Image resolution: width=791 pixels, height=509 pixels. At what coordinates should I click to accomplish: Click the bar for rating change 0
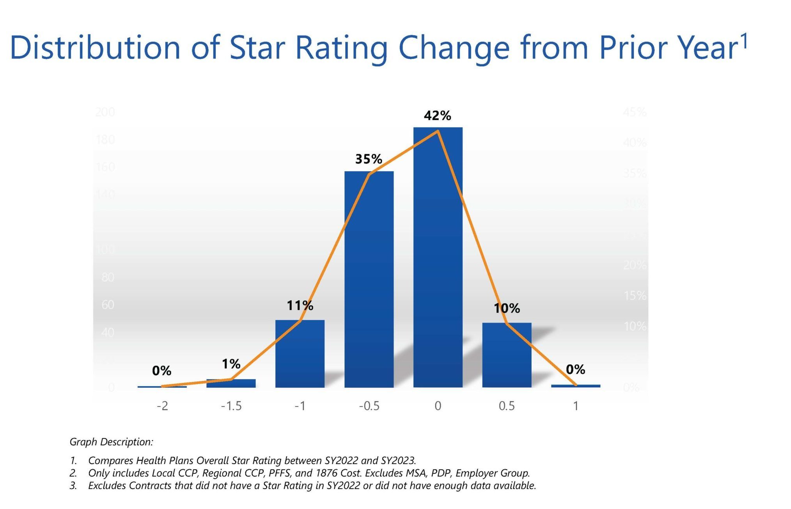438,257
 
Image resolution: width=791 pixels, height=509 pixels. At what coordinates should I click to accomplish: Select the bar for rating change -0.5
369,279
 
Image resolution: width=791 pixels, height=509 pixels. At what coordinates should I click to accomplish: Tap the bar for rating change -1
300,353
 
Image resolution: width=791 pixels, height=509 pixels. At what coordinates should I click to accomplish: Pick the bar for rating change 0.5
507,355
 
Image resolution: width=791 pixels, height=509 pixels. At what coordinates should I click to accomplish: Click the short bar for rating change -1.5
231,383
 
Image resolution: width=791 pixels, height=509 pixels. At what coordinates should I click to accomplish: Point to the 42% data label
437,115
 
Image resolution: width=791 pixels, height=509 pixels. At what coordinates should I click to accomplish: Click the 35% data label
368,159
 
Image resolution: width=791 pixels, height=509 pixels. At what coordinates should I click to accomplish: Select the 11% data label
300,305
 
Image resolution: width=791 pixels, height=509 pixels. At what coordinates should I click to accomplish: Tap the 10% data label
507,309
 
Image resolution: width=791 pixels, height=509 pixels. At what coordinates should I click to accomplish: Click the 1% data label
231,364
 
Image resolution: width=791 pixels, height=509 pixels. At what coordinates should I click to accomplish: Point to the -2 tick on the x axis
162,406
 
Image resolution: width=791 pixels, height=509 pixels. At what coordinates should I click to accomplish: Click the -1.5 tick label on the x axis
231,406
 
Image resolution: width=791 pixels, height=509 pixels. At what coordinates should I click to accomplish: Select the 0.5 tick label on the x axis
507,406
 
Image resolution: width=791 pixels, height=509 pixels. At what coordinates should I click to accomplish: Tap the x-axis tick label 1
575,406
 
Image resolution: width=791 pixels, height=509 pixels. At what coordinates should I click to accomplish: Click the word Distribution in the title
95,48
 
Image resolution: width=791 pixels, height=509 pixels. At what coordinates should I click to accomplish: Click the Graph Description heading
111,442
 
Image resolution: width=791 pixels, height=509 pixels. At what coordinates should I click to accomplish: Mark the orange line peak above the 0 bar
438,131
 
